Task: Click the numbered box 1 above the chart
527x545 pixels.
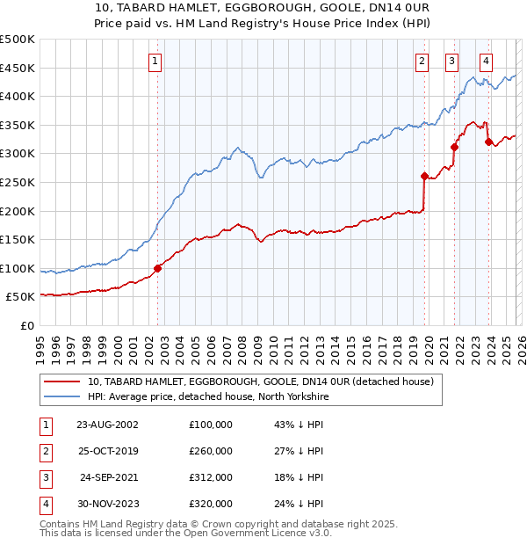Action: pyautogui.click(x=155, y=61)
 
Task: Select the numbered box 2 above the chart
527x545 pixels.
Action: pyautogui.click(x=422, y=61)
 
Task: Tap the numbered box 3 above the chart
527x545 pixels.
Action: pyautogui.click(x=451, y=61)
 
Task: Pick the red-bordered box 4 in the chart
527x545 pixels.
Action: pyautogui.click(x=486, y=61)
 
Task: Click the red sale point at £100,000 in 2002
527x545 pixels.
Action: pyautogui.click(x=158, y=268)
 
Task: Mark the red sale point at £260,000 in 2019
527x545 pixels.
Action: pyautogui.click(x=424, y=177)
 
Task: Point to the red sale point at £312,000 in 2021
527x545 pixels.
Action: pyautogui.click(x=454, y=147)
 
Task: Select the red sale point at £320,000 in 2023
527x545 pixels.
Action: pyautogui.click(x=488, y=142)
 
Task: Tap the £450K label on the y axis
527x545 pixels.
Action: pyautogui.click(x=18, y=68)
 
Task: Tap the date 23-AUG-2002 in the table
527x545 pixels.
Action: pyautogui.click(x=108, y=425)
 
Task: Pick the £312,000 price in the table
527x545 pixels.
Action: pyautogui.click(x=211, y=479)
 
